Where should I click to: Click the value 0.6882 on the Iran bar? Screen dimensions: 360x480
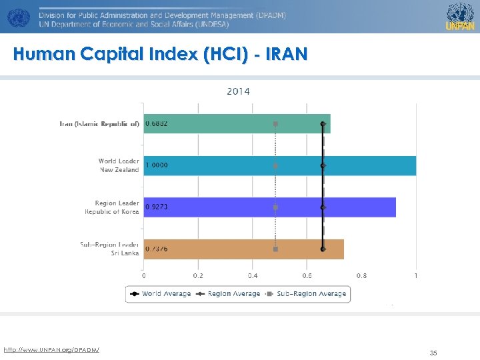coord(157,124)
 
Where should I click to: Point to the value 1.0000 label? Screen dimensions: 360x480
coord(157,165)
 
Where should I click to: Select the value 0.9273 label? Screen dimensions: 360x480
coord(157,207)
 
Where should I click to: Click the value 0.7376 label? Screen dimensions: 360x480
coord(157,249)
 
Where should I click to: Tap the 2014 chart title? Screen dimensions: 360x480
coord(238,91)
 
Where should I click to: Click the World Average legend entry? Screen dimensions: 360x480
coord(160,294)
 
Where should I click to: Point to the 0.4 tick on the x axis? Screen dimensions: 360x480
coord(253,275)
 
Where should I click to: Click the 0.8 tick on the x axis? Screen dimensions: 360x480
coord(361,275)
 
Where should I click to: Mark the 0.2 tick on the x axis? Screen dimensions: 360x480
coord(198,275)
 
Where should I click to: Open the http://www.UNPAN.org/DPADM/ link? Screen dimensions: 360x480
coord(51,350)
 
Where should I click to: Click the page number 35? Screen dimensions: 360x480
coord(433,353)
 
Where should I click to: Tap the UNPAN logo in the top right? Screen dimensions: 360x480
coord(460,16)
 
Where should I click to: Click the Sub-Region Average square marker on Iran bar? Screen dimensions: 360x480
coord(275,124)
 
